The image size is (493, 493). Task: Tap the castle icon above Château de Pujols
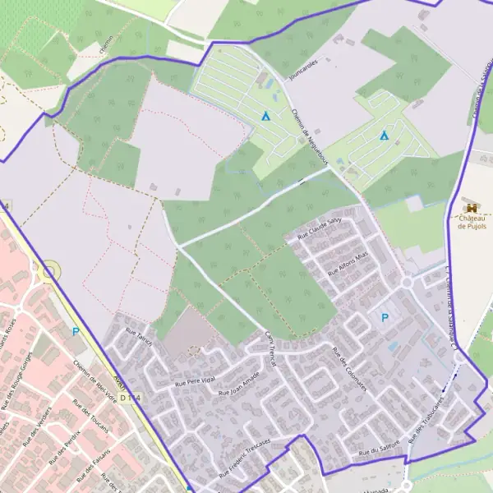(472, 208)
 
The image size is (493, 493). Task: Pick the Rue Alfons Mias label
(348, 263)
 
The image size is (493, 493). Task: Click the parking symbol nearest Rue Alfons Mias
(383, 317)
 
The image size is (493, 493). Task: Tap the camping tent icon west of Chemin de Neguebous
(265, 116)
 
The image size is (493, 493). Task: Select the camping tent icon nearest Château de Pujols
(384, 135)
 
